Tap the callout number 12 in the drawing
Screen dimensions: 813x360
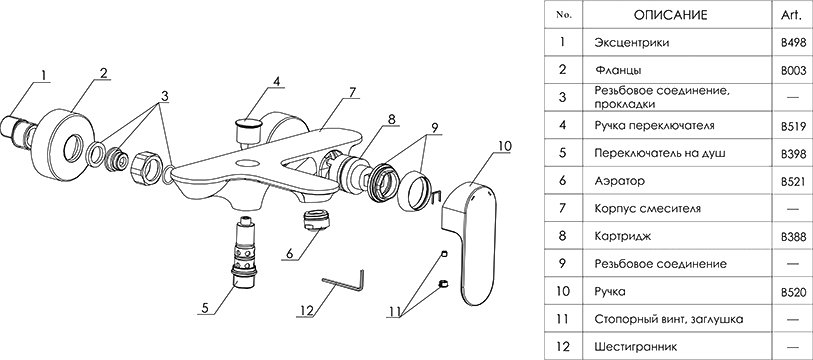tap(307, 310)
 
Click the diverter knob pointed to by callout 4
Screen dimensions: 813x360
tap(247, 130)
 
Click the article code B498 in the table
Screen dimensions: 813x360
tap(793, 43)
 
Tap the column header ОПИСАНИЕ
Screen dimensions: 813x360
tap(670, 15)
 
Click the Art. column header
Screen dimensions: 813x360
tap(791, 16)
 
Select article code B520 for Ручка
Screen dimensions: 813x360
tap(793, 293)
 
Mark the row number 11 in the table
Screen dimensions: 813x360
tap(563, 319)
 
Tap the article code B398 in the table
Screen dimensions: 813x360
tap(793, 154)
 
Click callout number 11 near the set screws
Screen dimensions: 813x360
tap(394, 312)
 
